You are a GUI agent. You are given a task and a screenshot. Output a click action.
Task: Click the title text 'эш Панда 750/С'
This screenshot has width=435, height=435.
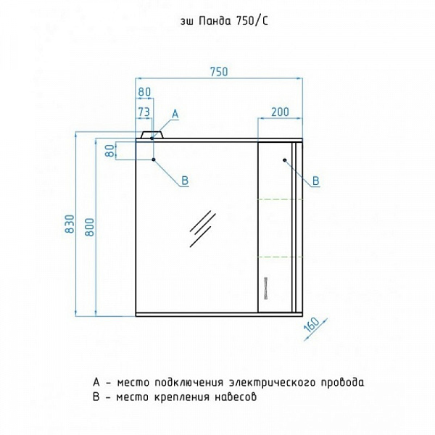pos(217,22)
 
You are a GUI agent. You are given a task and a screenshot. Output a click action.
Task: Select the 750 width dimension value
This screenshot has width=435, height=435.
pos(219,71)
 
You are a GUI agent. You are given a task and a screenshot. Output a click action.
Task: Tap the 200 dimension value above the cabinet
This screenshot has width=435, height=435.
pos(281,111)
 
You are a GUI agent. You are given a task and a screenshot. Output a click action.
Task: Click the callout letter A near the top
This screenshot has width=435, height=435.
pos(175,114)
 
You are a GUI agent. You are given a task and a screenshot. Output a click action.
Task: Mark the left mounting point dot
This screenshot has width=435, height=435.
pos(154,159)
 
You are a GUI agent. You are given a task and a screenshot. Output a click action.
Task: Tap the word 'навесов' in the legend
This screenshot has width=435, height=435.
pos(234,397)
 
